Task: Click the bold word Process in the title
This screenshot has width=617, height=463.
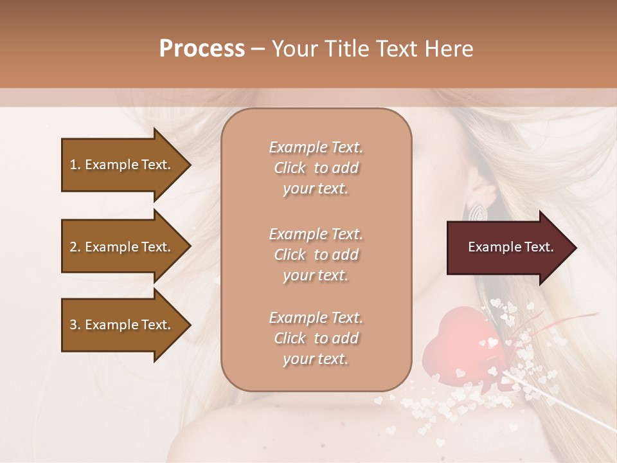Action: coord(202,49)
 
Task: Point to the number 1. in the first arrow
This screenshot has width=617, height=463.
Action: coord(75,165)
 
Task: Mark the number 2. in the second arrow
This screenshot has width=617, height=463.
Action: coord(75,247)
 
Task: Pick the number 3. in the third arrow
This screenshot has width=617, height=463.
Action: coord(75,325)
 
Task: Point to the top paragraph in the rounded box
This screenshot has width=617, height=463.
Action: coord(316,168)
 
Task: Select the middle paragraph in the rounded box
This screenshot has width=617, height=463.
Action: coord(316,255)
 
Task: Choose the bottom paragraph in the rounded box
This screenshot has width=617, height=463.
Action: coord(316,338)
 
